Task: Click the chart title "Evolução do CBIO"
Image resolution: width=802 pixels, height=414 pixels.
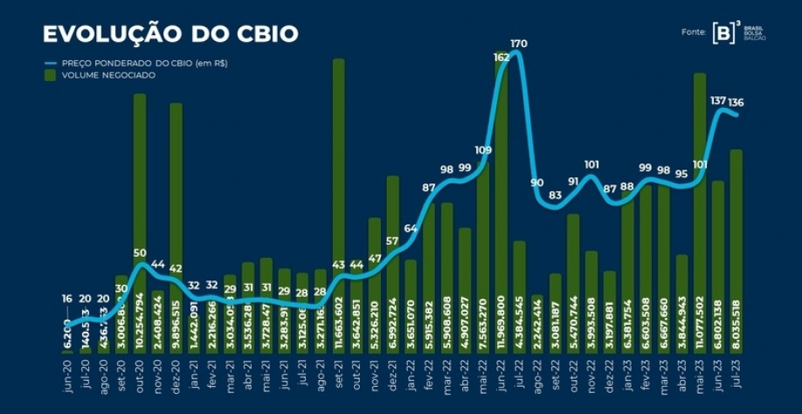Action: [170, 34]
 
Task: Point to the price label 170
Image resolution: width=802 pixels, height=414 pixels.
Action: [519, 43]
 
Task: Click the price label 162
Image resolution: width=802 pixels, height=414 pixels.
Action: [501, 57]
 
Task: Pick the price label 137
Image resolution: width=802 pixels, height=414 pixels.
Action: [719, 101]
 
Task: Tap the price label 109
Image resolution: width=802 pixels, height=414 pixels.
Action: [483, 150]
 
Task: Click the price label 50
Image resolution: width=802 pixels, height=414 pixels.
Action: [140, 252]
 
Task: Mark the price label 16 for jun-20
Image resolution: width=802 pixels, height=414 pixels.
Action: [66, 299]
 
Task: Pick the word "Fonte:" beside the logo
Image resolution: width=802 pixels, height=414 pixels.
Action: [694, 32]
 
